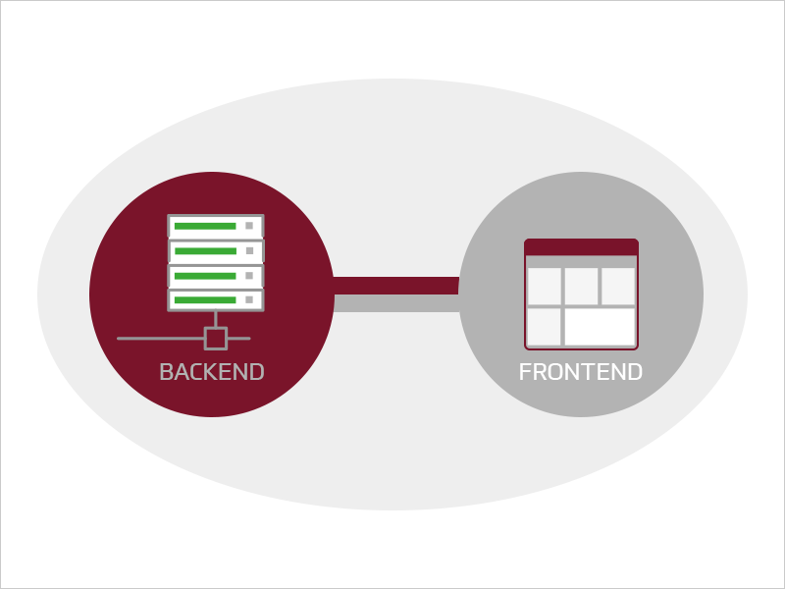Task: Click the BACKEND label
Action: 212,372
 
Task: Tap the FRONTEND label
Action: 581,372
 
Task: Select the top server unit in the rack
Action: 216,226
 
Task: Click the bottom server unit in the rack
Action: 216,300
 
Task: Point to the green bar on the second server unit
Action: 205,251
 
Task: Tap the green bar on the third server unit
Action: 205,276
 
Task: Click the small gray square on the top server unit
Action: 249,226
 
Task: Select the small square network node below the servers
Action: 216,339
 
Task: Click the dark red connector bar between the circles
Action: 396,286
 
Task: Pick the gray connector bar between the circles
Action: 396,303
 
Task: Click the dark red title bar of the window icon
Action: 581,247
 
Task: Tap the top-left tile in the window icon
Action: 545,286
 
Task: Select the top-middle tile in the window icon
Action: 581,286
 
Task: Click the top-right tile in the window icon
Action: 618,286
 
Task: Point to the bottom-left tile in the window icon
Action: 545,327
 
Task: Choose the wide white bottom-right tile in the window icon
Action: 600,327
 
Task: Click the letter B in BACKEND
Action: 166,372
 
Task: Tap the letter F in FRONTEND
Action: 525,372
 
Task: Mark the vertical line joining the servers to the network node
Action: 216,320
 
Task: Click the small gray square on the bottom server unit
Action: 249,300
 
